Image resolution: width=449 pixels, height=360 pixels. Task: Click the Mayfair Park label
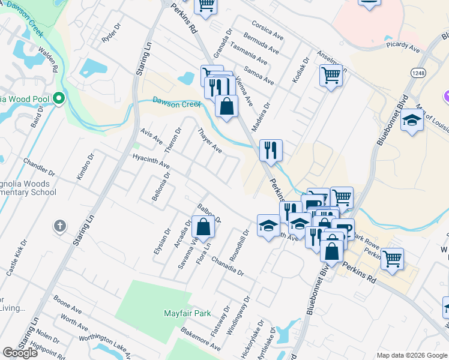click(187, 313)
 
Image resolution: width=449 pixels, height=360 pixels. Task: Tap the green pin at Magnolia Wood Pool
click(58, 98)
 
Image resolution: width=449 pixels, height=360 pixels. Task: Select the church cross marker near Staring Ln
click(59, 226)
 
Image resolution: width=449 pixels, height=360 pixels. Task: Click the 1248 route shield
click(418, 73)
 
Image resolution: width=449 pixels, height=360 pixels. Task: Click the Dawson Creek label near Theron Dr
click(175, 103)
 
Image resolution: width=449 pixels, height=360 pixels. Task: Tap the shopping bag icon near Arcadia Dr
click(203, 227)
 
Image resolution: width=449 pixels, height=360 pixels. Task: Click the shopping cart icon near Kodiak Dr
click(331, 76)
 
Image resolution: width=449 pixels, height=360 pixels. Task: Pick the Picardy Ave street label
click(403, 44)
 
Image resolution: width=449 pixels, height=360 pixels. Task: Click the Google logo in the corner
click(20, 352)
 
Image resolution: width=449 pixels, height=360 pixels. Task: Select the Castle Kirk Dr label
click(17, 257)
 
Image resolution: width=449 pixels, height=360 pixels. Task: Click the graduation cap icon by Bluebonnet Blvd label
click(412, 120)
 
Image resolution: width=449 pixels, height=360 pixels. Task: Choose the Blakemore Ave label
click(201, 340)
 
